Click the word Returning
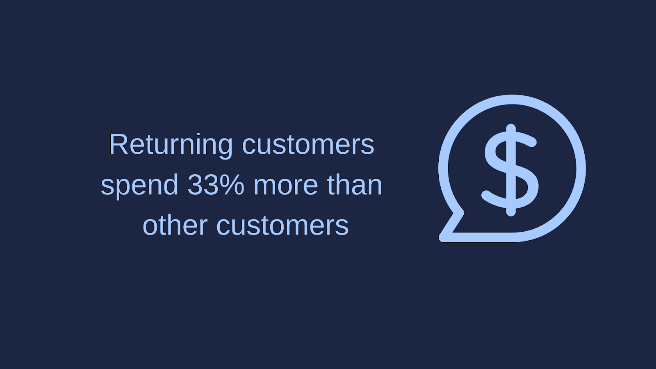tap(171, 146)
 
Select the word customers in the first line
tap(308, 146)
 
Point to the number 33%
tap(216, 185)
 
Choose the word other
tap(175, 226)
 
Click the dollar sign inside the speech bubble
tap(510, 170)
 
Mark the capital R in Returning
tap(118, 144)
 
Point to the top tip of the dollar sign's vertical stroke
tap(511, 125)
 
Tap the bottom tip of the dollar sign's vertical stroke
tap(511, 214)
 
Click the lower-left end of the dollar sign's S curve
tap(486, 195)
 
